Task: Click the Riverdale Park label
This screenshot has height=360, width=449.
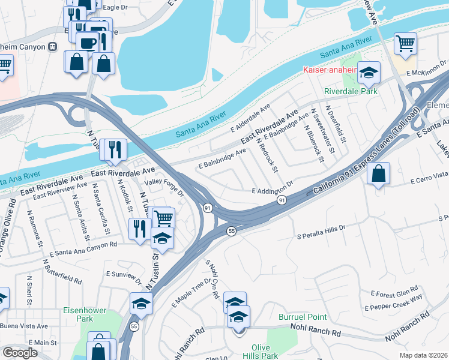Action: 351,91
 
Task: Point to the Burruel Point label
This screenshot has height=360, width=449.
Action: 303,316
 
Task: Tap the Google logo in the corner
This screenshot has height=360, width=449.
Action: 20,353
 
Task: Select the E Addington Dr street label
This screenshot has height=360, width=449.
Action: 272,190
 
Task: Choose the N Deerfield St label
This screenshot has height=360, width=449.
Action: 336,123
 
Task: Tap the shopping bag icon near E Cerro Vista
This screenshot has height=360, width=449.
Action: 378,175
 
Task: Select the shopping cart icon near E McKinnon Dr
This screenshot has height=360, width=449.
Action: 405,43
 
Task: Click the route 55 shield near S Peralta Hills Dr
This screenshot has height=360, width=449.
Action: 231,231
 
